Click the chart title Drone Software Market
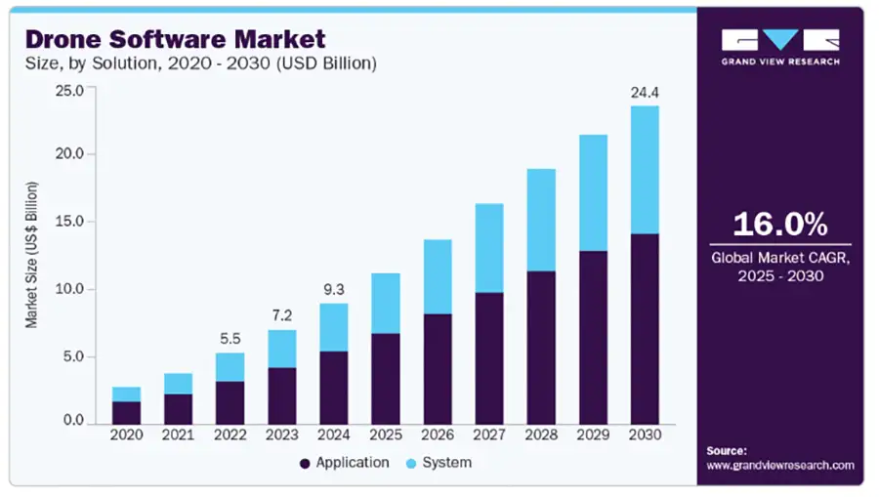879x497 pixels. click(175, 39)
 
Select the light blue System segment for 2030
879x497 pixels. click(645, 170)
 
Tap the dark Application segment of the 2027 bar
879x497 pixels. click(489, 358)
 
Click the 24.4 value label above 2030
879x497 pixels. click(645, 93)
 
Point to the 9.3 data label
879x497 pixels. click(334, 290)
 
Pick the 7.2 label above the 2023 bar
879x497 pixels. click(282, 315)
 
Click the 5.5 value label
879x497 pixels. click(230, 339)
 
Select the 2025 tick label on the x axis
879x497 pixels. click(386, 435)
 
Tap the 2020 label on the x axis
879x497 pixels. click(126, 435)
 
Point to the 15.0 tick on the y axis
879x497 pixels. click(69, 222)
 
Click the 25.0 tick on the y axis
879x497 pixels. click(69, 90)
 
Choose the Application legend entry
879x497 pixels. click(344, 463)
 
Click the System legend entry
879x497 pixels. click(439, 463)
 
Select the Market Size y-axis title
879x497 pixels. click(31, 255)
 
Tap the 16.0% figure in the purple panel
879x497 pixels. click(779, 224)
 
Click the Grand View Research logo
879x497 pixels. click(780, 47)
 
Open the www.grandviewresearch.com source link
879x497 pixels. click(780, 466)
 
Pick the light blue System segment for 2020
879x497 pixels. click(126, 394)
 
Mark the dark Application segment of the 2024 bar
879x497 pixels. click(334, 388)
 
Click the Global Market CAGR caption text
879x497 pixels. click(780, 267)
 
